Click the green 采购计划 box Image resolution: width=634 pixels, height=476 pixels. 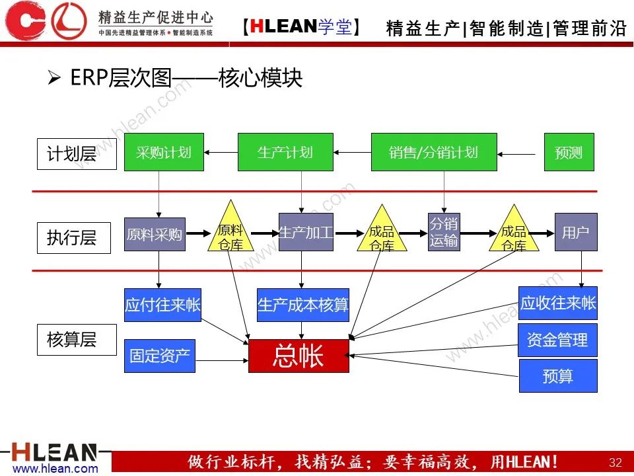tap(164, 152)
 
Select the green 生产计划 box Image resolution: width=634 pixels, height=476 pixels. tap(285, 152)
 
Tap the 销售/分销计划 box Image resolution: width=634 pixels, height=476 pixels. tap(433, 152)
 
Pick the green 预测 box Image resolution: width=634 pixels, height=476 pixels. tap(569, 152)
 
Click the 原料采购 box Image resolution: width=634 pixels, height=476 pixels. tap(155, 234)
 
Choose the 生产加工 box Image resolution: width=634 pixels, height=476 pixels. tap(306, 232)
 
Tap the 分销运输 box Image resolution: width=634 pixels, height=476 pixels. tap(444, 232)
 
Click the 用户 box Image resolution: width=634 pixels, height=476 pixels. tap(576, 232)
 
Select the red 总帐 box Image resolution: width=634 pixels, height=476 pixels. tap(299, 356)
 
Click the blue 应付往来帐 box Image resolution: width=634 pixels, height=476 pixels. tap(162, 305)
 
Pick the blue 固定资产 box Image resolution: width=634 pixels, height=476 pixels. tap(160, 356)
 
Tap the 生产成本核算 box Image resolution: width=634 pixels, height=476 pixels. tap(303, 305)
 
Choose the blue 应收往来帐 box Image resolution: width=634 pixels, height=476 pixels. tap(558, 303)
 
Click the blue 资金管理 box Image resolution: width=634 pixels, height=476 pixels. tap(557, 340)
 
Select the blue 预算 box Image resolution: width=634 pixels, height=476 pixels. tap(557, 376)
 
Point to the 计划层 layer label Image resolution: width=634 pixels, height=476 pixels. tap(71, 153)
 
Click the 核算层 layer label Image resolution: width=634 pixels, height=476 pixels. tap(71, 339)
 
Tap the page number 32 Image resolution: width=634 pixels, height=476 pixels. tap(615, 461)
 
